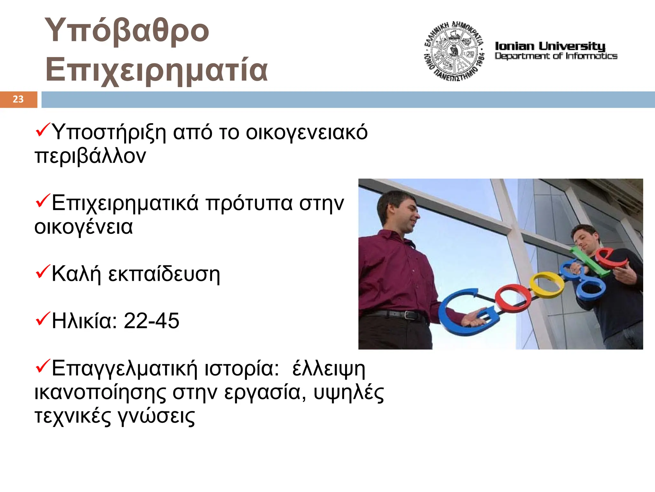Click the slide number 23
pyautogui.click(x=18, y=99)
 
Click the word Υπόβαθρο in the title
pyautogui.click(x=127, y=30)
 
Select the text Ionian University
pyautogui.click(x=550, y=46)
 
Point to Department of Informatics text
pyautogui.click(x=556, y=56)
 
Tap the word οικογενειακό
pyautogui.click(x=307, y=132)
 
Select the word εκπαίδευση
pyautogui.click(x=164, y=274)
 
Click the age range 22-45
pyautogui.click(x=151, y=321)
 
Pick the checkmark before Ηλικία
pyautogui.click(x=43, y=319)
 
